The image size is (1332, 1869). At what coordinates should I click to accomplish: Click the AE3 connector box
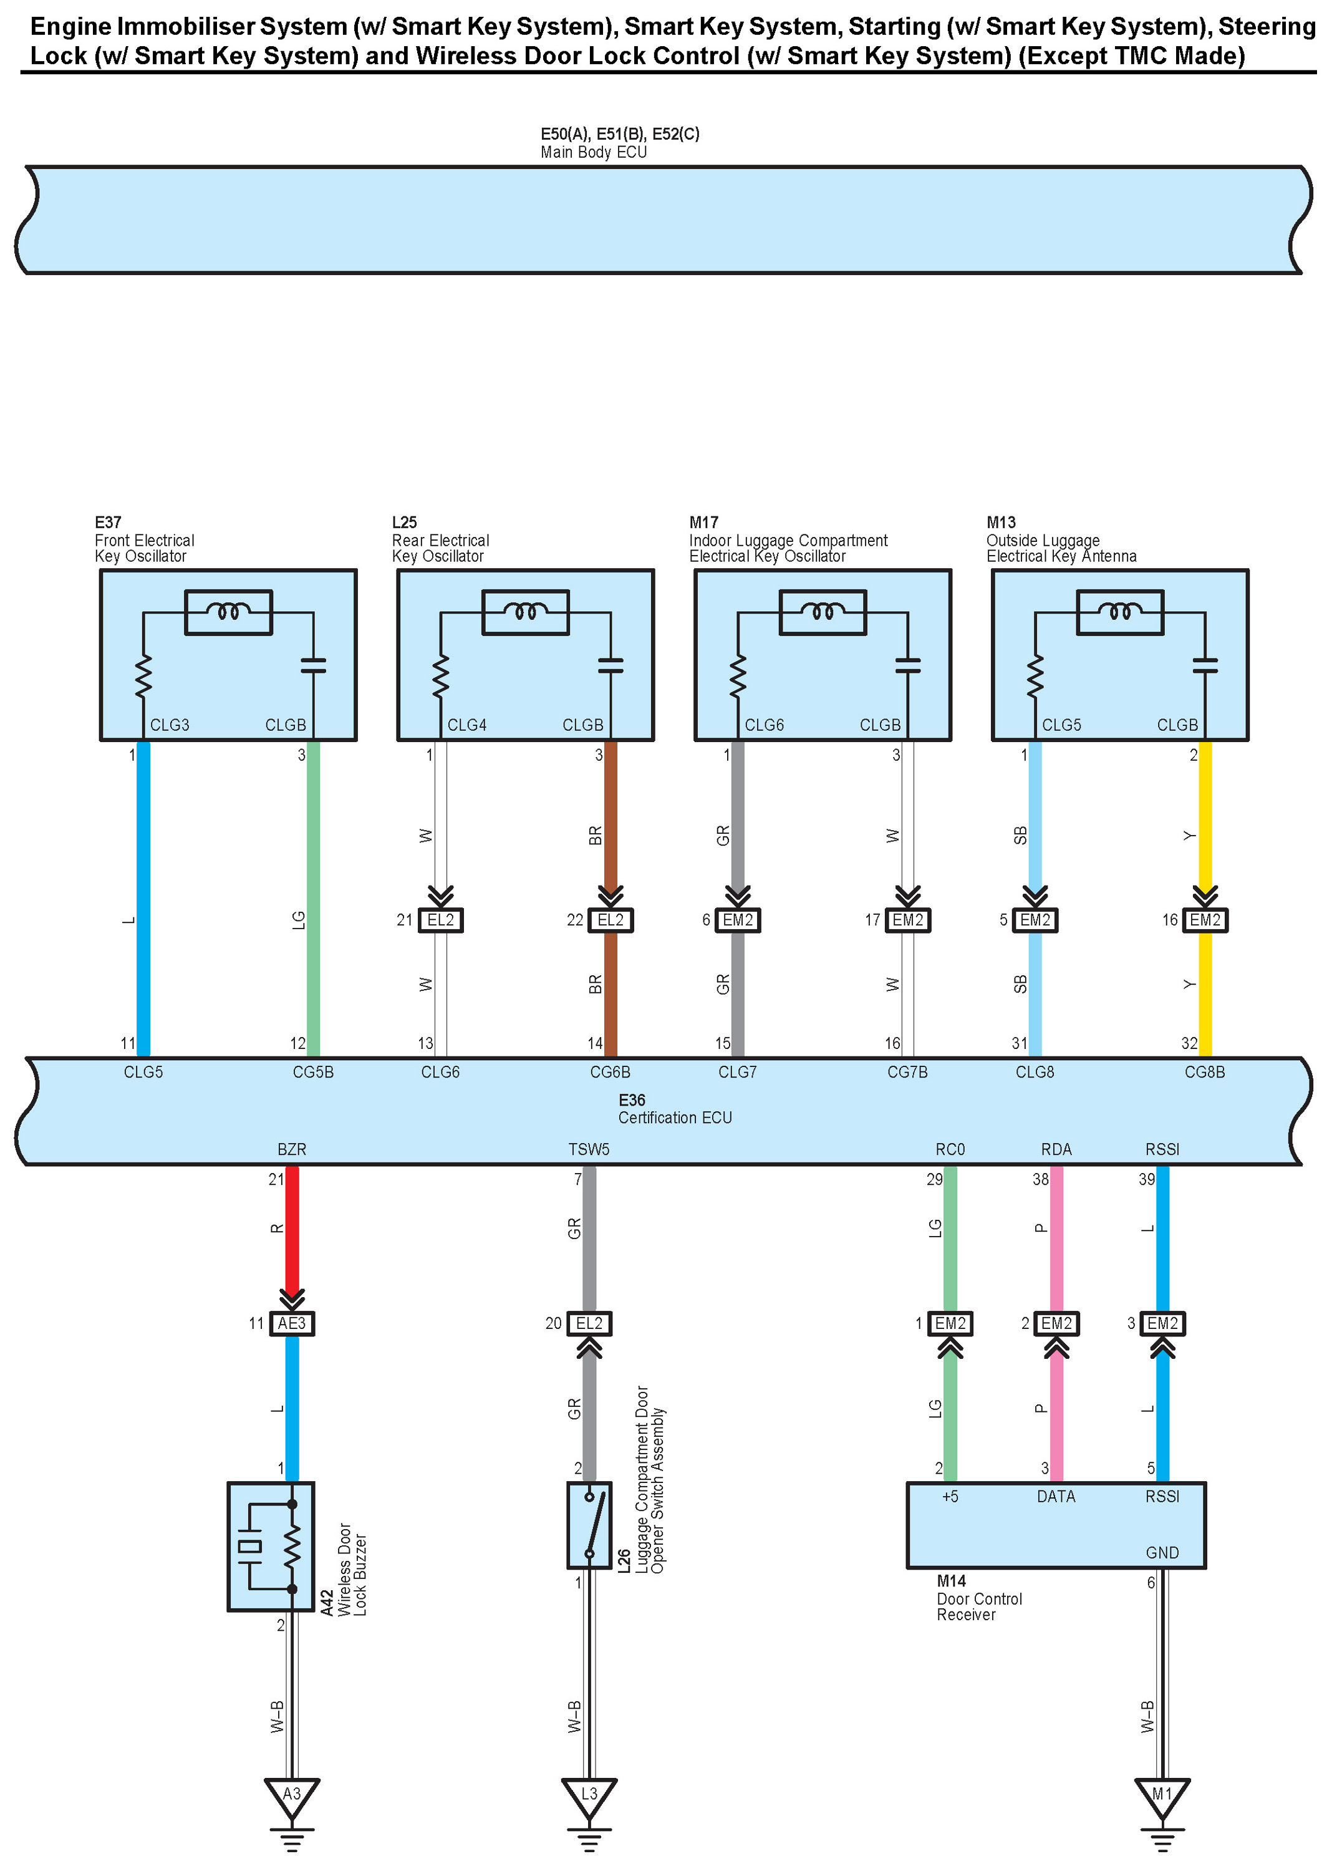(x=291, y=1323)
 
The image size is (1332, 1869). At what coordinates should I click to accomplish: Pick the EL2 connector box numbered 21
(x=440, y=920)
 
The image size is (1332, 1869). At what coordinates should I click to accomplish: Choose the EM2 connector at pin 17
(x=907, y=920)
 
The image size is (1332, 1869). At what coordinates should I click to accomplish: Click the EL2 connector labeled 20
(x=589, y=1323)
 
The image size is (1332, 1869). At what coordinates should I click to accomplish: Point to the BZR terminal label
(x=291, y=1149)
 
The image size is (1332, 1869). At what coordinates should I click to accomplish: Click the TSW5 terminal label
(x=589, y=1149)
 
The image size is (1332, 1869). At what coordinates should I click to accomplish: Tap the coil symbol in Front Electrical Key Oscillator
(x=228, y=612)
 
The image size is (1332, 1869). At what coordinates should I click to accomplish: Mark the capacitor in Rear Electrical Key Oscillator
(x=610, y=665)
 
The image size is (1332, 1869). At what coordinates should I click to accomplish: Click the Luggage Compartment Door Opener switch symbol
(x=589, y=1525)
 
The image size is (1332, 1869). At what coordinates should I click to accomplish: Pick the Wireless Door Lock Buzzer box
(x=271, y=1546)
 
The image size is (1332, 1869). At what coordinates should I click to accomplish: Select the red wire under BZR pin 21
(x=291, y=1230)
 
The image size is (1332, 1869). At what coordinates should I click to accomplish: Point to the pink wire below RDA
(x=1056, y=1230)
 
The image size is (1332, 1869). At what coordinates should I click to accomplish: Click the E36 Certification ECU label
(x=674, y=1109)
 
